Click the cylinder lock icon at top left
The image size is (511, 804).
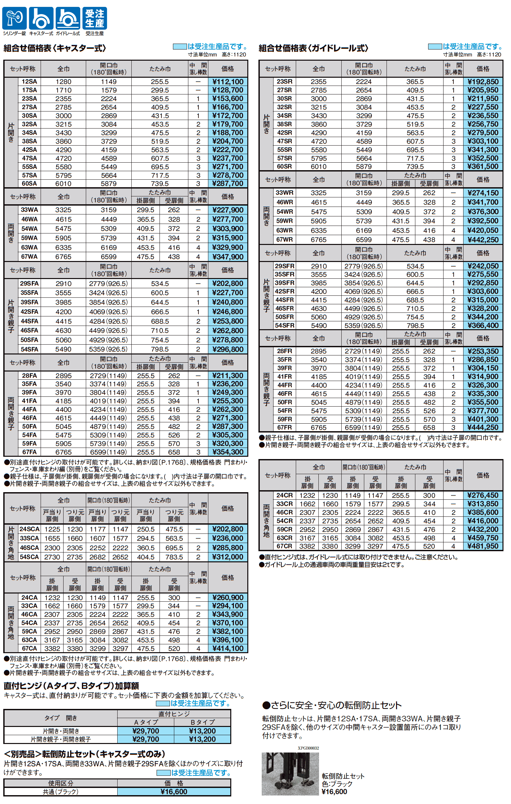pyautogui.click(x=14, y=18)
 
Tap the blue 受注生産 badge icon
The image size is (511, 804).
pyautogui.click(x=94, y=18)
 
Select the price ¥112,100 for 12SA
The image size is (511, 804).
pyautogui.click(x=228, y=82)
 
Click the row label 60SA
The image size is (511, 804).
pyautogui.click(x=29, y=184)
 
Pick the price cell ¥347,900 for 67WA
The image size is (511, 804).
pyautogui.click(x=228, y=257)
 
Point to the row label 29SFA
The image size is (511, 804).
pyautogui.click(x=29, y=284)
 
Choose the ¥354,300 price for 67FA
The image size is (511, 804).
pyautogui.click(x=228, y=452)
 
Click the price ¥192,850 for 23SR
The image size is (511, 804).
pyautogui.click(x=483, y=82)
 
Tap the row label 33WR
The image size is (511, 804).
pyautogui.click(x=284, y=193)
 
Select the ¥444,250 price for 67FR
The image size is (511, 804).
pyautogui.click(x=483, y=427)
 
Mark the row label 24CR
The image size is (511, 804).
pyautogui.click(x=284, y=495)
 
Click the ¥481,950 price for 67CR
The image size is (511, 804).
pyautogui.click(x=483, y=546)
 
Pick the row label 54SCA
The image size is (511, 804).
pyautogui.click(x=29, y=557)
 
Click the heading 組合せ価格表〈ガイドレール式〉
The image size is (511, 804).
pyautogui.click(x=313, y=49)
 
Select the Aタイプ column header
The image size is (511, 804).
pyautogui.click(x=146, y=722)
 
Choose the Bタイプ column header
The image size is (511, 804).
pyautogui.click(x=202, y=722)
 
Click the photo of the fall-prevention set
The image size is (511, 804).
pyautogui.click(x=290, y=774)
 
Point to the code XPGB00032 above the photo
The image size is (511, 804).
pyautogui.click(x=308, y=748)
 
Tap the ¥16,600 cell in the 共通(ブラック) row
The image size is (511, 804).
pyautogui.click(x=174, y=792)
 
